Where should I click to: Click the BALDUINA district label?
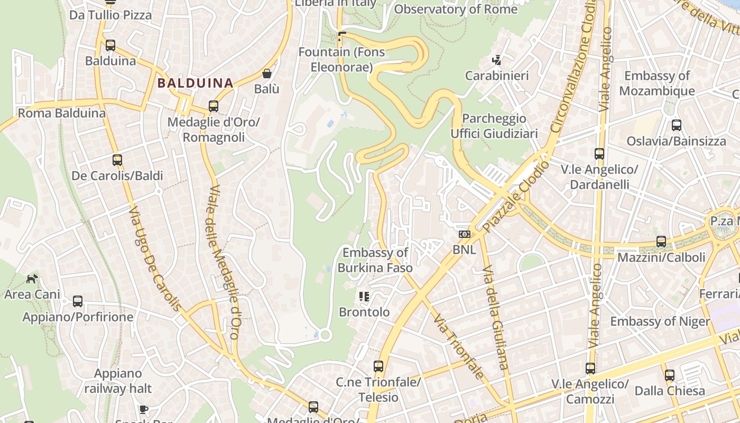click(x=195, y=83)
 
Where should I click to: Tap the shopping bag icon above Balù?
click(x=267, y=73)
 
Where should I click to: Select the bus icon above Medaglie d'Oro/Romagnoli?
click(x=214, y=106)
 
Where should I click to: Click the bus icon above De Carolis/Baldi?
click(x=117, y=160)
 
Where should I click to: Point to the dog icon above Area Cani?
click(x=32, y=278)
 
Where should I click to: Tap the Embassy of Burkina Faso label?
click(x=375, y=260)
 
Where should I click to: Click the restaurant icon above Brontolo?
click(x=364, y=296)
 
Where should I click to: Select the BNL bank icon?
click(x=464, y=234)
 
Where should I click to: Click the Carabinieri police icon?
click(x=496, y=60)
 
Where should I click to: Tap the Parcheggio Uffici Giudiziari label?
click(x=494, y=126)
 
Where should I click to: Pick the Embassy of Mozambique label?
click(x=657, y=84)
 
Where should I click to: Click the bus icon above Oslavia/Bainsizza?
click(x=677, y=125)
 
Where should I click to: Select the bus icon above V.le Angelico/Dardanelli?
click(x=599, y=154)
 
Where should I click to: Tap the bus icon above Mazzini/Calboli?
click(x=661, y=242)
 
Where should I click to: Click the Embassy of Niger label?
click(x=660, y=321)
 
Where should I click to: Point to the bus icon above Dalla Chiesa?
click(x=670, y=375)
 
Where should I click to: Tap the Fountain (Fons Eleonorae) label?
click(x=341, y=60)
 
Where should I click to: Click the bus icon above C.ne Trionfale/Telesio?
click(x=378, y=366)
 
